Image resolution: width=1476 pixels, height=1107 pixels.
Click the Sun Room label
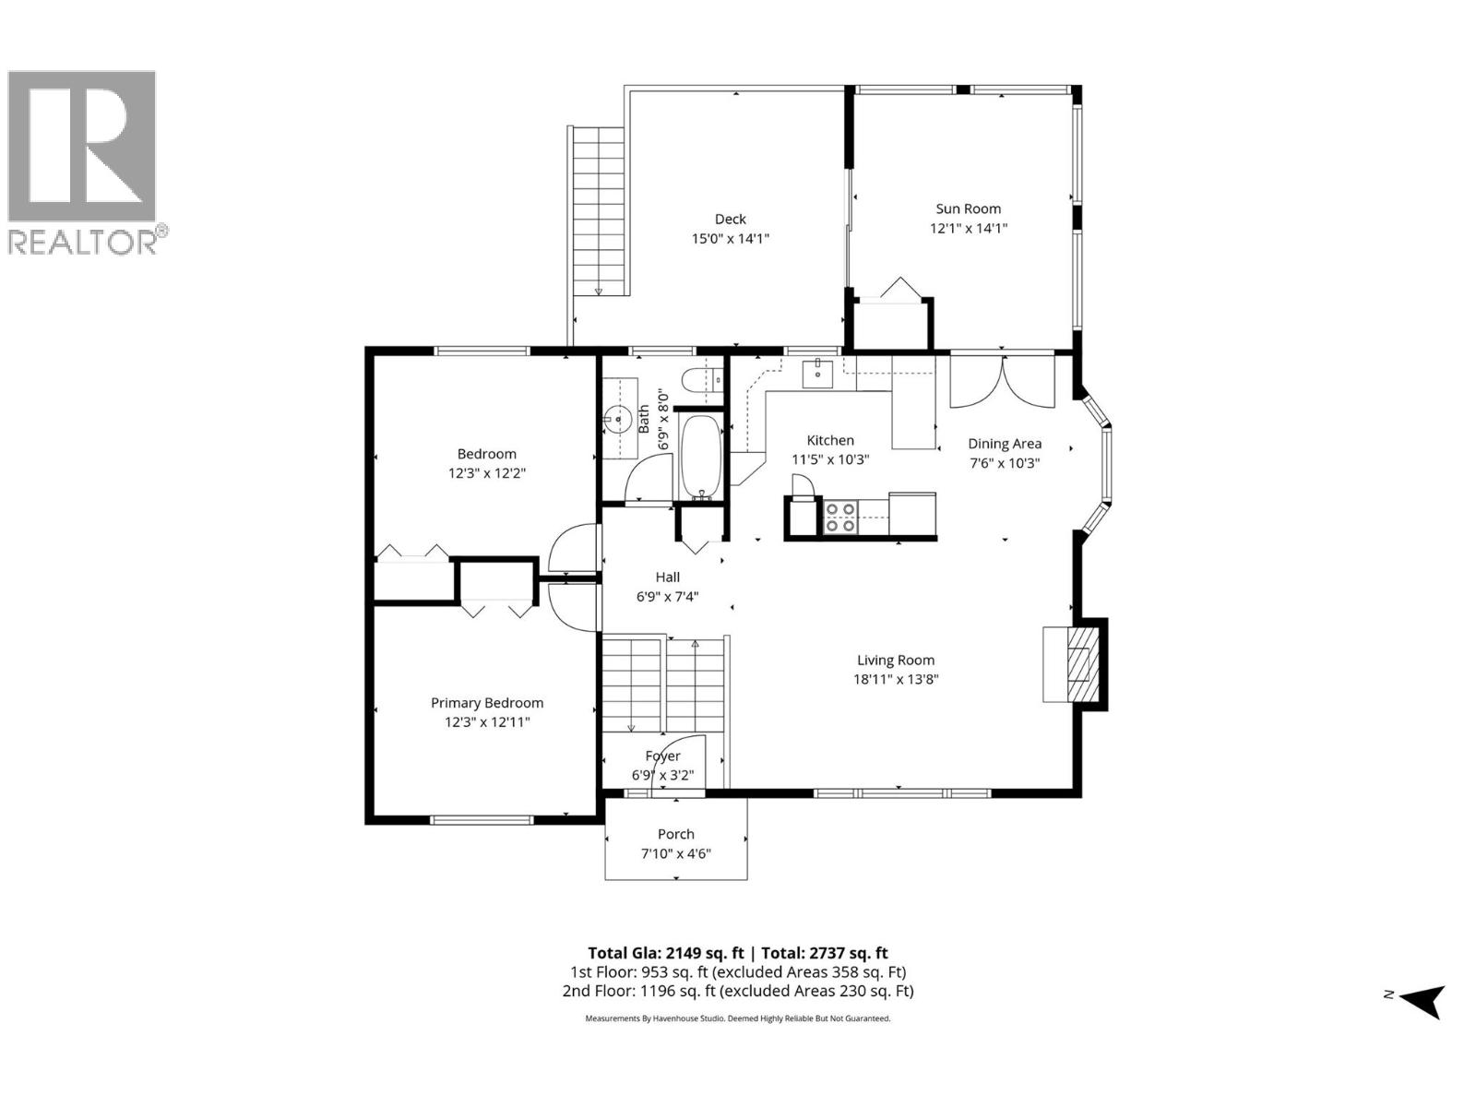[968, 208]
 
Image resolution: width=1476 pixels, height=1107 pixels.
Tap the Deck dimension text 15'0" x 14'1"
[731, 239]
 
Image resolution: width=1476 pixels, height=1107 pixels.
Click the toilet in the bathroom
[698, 379]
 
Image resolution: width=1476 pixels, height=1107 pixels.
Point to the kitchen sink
[818, 374]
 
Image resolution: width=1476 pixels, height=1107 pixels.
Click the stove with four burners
[839, 518]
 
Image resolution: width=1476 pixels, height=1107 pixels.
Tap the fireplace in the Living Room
[1075, 663]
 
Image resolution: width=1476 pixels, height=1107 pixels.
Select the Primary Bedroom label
[487, 703]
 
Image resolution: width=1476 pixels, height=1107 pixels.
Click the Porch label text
[676, 834]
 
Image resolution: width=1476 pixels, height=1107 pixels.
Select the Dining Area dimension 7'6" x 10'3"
[1004, 463]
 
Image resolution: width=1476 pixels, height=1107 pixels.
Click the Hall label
[668, 577]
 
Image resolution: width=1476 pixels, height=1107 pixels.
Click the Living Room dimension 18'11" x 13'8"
[896, 680]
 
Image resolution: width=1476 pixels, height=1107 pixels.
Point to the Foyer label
[662, 756]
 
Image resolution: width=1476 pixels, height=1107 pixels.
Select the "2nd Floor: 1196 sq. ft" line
[738, 991]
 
